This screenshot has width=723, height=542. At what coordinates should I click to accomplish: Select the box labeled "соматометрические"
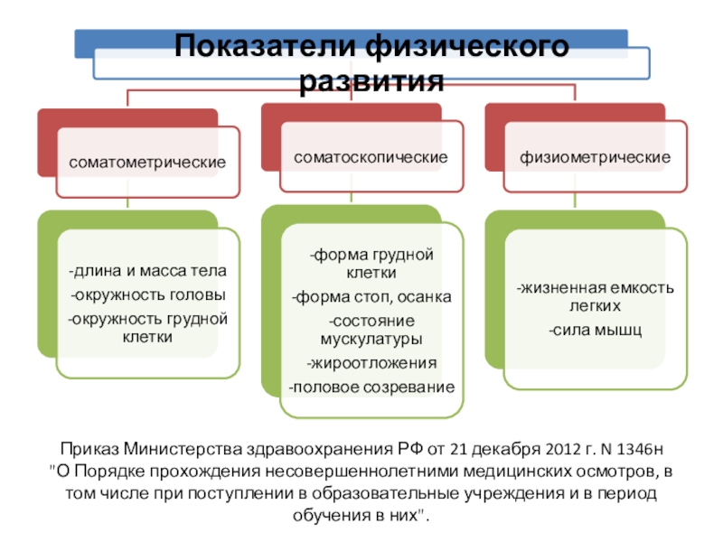click(147, 163)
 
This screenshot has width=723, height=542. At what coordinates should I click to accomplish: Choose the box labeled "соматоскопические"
click(371, 157)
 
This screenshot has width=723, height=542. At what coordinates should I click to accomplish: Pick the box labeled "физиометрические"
click(594, 157)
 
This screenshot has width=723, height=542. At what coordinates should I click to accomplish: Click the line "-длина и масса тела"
click(147, 271)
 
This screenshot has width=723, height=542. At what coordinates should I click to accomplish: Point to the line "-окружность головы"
click(147, 295)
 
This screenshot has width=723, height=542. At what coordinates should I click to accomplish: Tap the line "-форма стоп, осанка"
click(371, 297)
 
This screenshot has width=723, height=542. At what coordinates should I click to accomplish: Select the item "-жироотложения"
click(371, 363)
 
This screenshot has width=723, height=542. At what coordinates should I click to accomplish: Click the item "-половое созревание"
click(371, 388)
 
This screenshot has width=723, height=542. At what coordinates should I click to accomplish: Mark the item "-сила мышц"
click(595, 331)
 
